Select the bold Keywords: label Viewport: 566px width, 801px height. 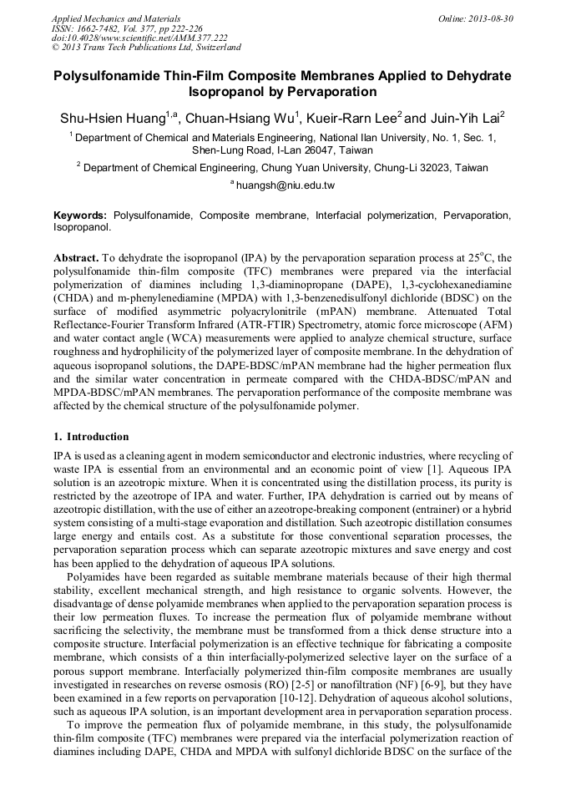point(80,215)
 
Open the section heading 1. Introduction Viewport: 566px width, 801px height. point(91,436)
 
